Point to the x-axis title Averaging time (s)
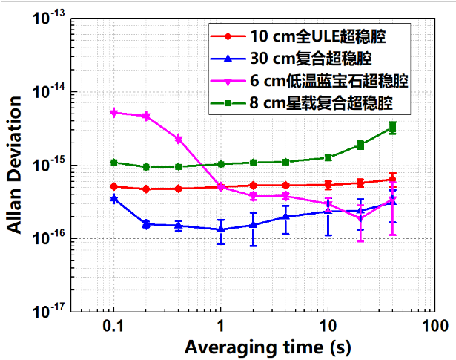pos(253,347)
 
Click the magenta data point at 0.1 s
pos(113,113)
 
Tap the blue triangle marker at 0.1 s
pos(113,199)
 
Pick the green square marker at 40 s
pos(393,128)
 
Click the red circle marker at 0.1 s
pos(113,186)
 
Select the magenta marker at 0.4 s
pos(178,139)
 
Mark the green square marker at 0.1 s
pos(113,162)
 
